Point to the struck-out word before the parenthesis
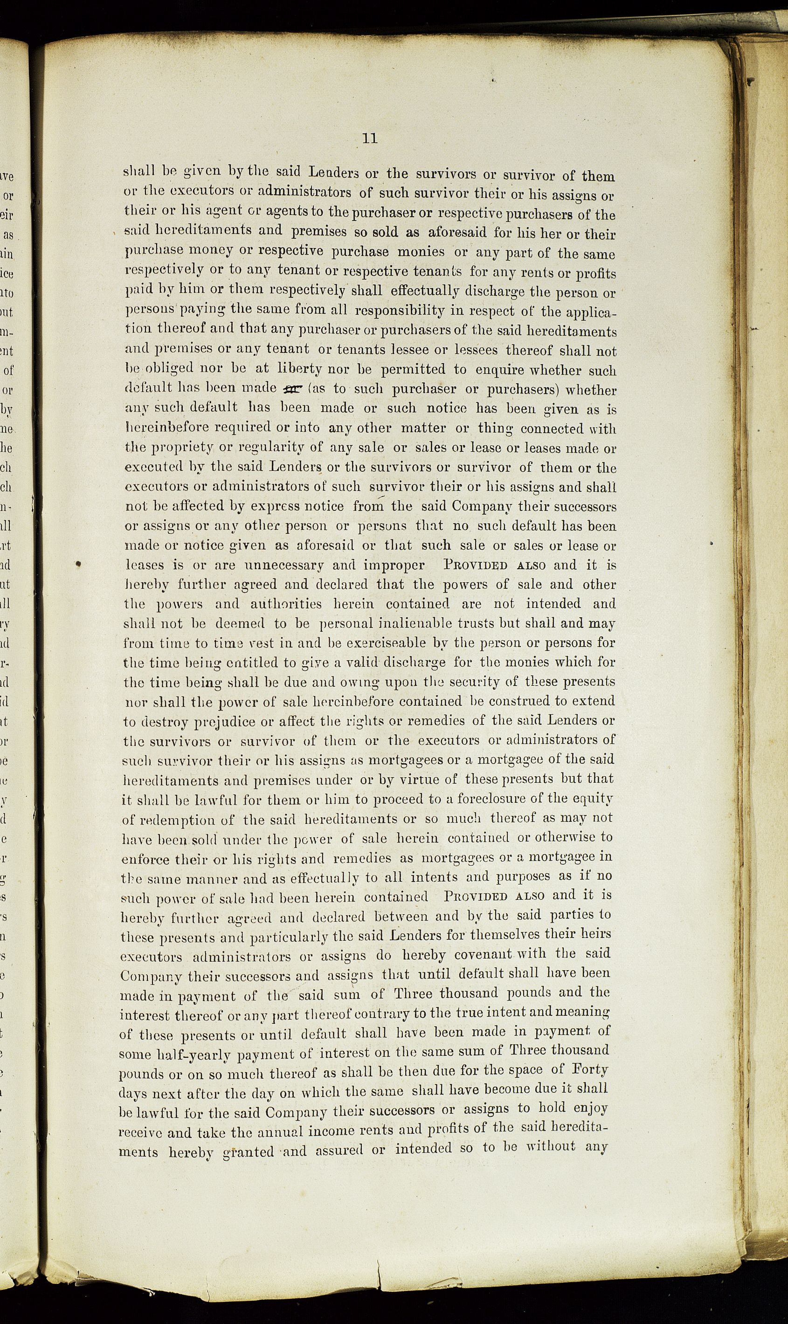(292, 389)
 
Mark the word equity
(592, 799)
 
